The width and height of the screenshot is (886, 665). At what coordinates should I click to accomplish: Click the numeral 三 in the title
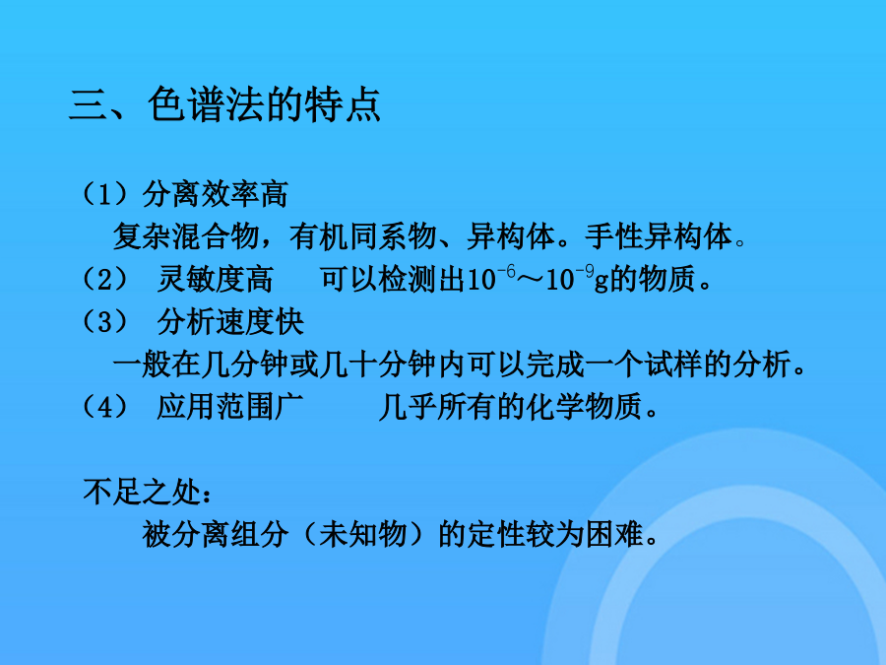tap(89, 105)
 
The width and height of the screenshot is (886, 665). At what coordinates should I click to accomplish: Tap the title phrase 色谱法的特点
tap(264, 104)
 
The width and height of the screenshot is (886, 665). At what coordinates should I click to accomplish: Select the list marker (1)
tap(105, 194)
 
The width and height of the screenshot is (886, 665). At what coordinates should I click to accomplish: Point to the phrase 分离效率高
tap(216, 194)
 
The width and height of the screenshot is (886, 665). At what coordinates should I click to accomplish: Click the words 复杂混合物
tap(186, 236)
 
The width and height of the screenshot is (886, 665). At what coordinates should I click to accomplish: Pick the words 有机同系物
tap(362, 236)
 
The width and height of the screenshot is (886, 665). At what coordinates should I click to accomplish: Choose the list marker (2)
tap(105, 279)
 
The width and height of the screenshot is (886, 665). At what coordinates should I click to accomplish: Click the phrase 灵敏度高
tap(216, 279)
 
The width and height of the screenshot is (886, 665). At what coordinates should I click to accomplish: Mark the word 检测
tap(408, 279)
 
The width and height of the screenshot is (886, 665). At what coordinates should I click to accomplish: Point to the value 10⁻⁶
tap(490, 278)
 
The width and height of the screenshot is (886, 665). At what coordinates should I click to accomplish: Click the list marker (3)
tap(105, 322)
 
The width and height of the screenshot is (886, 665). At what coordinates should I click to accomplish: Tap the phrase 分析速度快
tap(230, 322)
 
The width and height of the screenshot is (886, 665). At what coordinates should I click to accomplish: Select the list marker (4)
tap(105, 407)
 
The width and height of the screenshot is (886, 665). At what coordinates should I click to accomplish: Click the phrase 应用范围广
tap(230, 407)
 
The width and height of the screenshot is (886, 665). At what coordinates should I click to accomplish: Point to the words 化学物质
tap(584, 407)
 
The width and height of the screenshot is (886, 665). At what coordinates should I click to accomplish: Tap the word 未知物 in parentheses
tap(362, 534)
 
